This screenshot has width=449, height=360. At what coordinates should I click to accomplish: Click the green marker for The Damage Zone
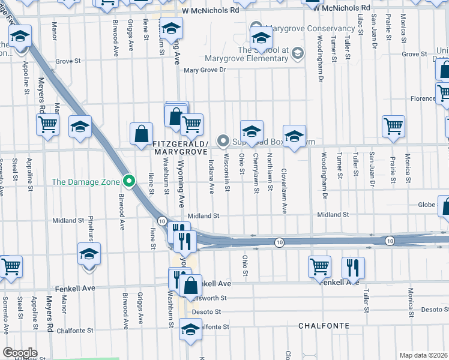pyautogui.click(x=128, y=181)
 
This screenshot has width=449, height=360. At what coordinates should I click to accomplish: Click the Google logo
pyautogui.click(x=20, y=353)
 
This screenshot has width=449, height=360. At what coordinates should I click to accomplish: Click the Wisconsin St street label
pyautogui.click(x=227, y=173)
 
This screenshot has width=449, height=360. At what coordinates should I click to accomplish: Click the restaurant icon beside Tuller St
pyautogui.click(x=352, y=268)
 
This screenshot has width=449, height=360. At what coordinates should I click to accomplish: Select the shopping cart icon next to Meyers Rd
pyautogui.click(x=47, y=125)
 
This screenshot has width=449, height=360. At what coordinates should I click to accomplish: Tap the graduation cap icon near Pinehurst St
pyautogui.click(x=89, y=254)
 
